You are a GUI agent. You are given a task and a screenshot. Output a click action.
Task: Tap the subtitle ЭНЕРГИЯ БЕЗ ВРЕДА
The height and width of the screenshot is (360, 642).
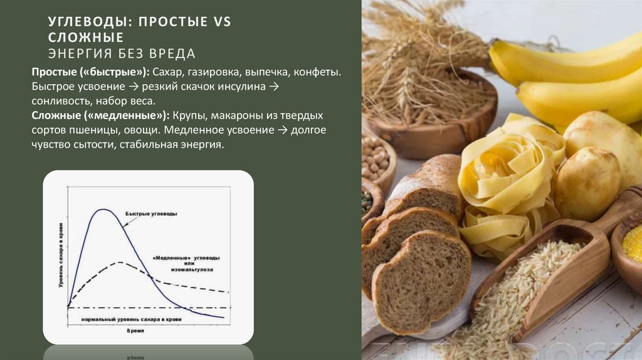pos(122,53)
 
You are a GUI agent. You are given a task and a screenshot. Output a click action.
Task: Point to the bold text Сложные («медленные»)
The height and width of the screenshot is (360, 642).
pos(100,116)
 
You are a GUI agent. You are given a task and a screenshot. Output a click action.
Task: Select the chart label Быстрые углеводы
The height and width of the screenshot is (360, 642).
pos(150,214)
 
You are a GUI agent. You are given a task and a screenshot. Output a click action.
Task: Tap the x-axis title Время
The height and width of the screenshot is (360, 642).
pos(135,331)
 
